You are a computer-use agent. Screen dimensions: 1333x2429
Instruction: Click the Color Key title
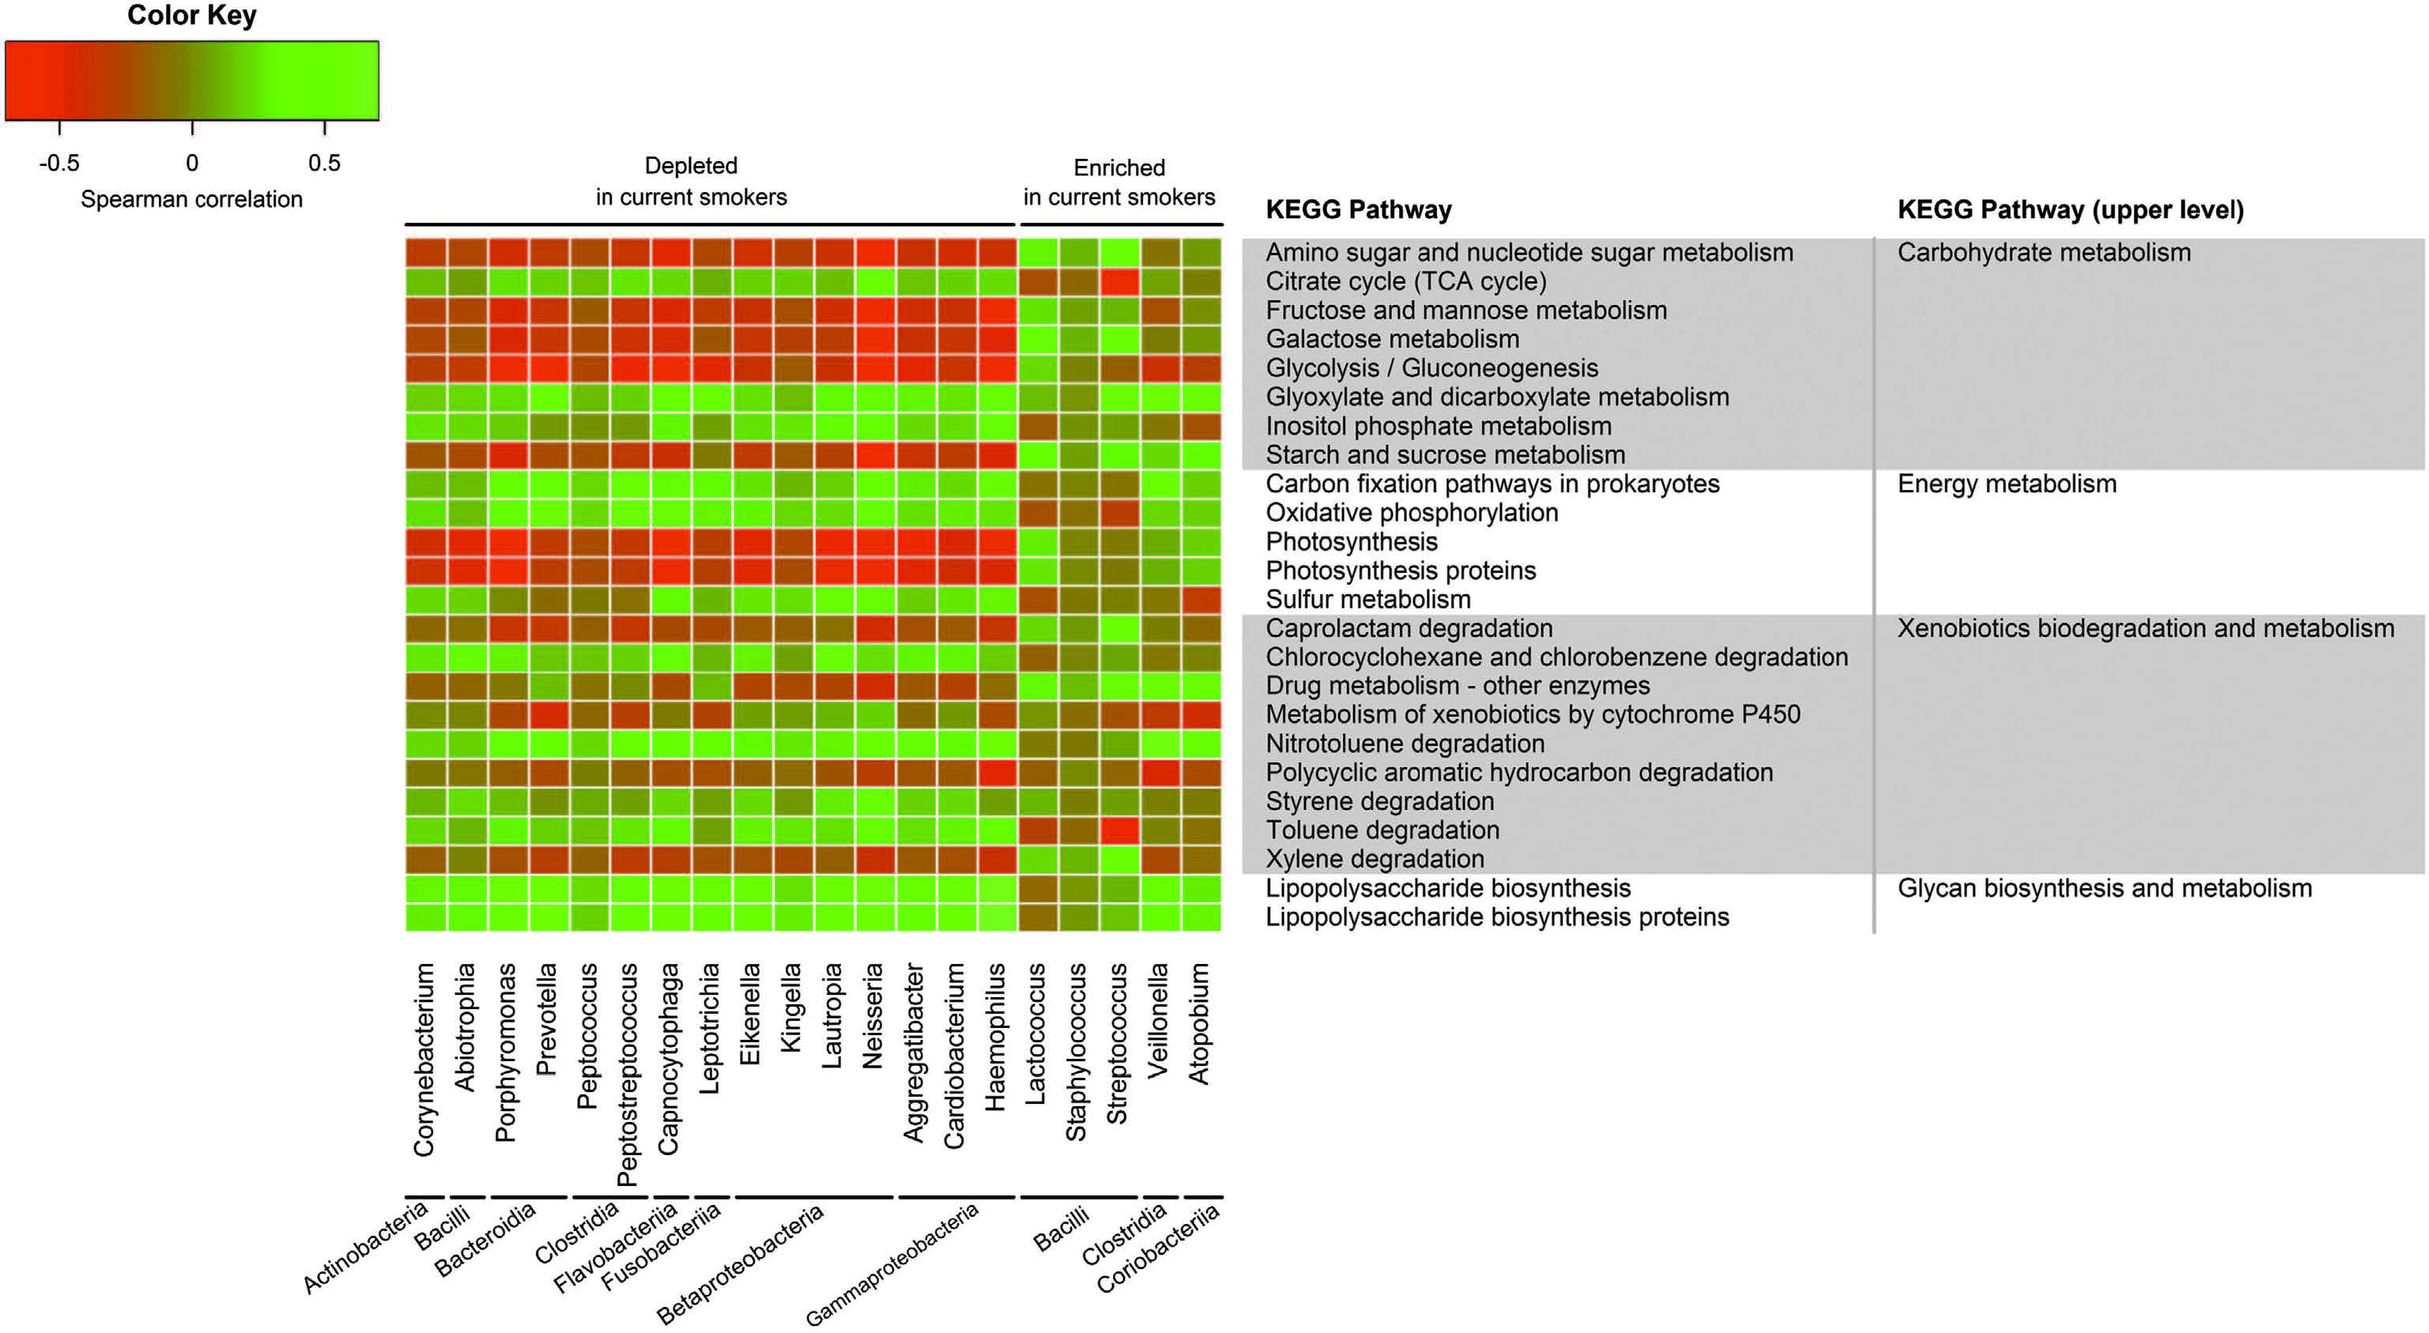pyautogui.click(x=191, y=16)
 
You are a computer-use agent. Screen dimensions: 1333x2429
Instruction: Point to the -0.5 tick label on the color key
pyautogui.click(x=59, y=163)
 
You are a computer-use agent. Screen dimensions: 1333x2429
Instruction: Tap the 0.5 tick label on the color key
pyautogui.click(x=323, y=163)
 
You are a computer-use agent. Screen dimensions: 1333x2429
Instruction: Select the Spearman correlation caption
pyautogui.click(x=191, y=199)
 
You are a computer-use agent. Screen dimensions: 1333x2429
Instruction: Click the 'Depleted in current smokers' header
pyautogui.click(x=691, y=181)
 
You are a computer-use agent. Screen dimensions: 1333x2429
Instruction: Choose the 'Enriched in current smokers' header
pyautogui.click(x=1119, y=182)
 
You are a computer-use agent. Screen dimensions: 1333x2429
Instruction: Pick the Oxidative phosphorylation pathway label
pyautogui.click(x=1412, y=513)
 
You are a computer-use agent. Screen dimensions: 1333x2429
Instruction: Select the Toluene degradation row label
pyautogui.click(x=1382, y=830)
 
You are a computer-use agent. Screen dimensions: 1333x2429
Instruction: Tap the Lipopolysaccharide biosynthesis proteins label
pyautogui.click(x=1497, y=917)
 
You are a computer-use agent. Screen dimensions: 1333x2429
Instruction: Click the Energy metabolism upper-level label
pyautogui.click(x=2007, y=484)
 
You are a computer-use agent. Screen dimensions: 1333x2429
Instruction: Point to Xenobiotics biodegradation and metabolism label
pyautogui.click(x=2145, y=628)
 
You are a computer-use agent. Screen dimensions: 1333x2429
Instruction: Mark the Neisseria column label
pyautogui.click(x=872, y=1015)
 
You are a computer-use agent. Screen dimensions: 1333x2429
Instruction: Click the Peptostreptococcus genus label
pyautogui.click(x=627, y=1074)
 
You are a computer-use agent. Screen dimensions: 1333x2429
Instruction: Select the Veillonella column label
pyautogui.click(x=1158, y=1020)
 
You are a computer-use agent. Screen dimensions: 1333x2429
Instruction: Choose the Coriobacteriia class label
pyautogui.click(x=1158, y=1249)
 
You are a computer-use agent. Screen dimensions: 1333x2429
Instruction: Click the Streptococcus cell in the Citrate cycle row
pyautogui.click(x=1119, y=282)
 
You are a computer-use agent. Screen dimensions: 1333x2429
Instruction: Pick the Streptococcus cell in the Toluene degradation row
pyautogui.click(x=1119, y=830)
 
